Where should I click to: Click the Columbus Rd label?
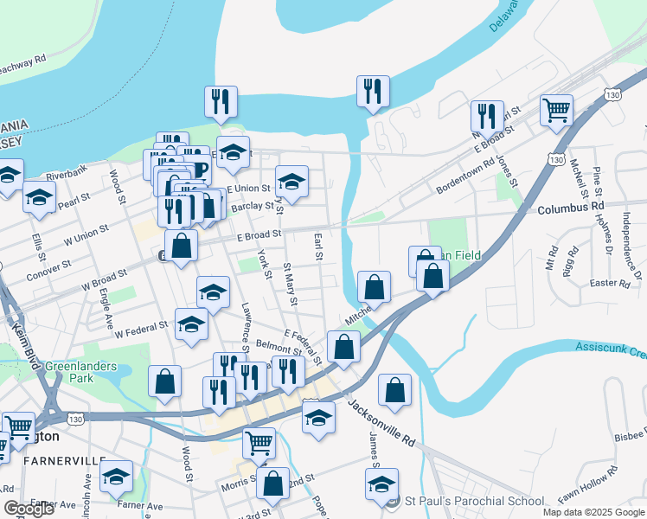click(570, 208)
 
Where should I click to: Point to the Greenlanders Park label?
click(80, 372)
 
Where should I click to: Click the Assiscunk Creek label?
click(611, 350)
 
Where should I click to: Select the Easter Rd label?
click(609, 284)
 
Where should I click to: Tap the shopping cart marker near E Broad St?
click(556, 111)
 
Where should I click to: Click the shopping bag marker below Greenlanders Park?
click(164, 382)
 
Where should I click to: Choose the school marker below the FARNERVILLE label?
click(116, 478)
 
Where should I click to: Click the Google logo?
click(29, 509)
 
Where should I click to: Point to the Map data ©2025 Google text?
click(593, 512)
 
